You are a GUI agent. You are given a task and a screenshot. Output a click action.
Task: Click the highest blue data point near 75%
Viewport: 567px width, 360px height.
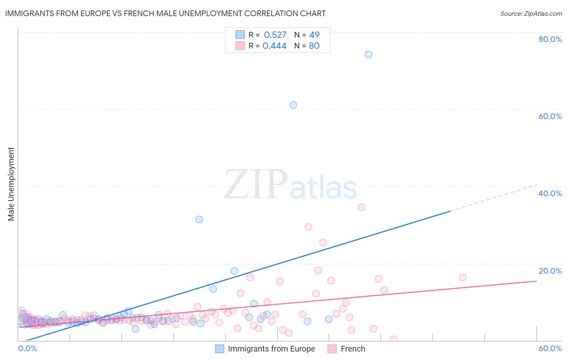pos(368,54)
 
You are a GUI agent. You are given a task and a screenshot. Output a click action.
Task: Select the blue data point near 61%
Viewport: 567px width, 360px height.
pos(293,105)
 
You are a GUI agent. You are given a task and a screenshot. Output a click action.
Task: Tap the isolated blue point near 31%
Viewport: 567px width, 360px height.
pos(199,220)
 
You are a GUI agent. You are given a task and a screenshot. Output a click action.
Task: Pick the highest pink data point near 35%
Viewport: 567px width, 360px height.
pos(361,207)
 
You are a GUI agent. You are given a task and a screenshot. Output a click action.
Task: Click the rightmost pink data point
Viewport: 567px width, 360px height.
pos(463,277)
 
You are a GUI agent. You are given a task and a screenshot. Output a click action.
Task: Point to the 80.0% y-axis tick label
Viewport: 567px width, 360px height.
pos(550,39)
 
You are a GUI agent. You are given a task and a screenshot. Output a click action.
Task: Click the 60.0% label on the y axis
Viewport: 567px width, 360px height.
pos(550,116)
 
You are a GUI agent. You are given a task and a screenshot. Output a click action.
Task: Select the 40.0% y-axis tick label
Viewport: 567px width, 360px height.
pos(550,193)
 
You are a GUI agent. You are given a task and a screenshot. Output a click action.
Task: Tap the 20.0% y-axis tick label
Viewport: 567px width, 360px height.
pos(550,271)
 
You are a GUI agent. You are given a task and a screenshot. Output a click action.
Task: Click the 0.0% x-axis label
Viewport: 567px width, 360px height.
pos(27,348)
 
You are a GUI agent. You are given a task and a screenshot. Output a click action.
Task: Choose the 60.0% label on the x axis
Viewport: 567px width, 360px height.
pos(550,348)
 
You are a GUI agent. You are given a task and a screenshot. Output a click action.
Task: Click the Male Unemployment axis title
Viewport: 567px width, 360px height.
pos(11,184)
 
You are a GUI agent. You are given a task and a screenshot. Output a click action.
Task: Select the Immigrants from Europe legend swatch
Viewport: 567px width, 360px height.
pos(219,349)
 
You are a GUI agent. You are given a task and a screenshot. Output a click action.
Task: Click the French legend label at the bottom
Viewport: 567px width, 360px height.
pos(353,349)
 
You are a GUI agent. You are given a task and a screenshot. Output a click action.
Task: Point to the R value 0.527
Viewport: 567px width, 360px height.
pos(275,35)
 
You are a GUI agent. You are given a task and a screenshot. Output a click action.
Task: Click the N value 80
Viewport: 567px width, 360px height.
pos(314,46)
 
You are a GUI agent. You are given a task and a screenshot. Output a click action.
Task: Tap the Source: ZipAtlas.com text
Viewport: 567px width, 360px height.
pos(531,14)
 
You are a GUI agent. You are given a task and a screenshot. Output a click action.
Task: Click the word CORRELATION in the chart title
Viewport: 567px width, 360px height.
pos(271,13)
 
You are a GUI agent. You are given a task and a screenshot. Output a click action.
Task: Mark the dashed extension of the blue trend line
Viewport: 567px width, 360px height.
pos(494,198)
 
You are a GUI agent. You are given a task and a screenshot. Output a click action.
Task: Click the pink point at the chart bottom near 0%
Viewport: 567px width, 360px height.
pos(394,339)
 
